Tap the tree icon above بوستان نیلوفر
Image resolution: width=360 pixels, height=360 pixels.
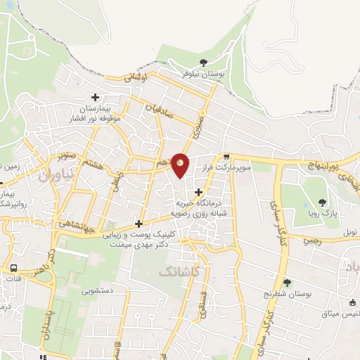tap(204, 63)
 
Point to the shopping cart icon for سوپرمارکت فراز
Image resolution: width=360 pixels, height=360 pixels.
tap(226, 157)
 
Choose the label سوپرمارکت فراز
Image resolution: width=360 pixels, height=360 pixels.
tap(226, 169)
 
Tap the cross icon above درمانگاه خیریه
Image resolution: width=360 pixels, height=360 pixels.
tap(198, 191)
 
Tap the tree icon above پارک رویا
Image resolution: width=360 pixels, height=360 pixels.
tap(322, 202)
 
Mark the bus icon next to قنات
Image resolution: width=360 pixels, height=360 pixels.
tap(13, 269)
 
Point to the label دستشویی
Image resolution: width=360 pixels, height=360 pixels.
tap(98, 290)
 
